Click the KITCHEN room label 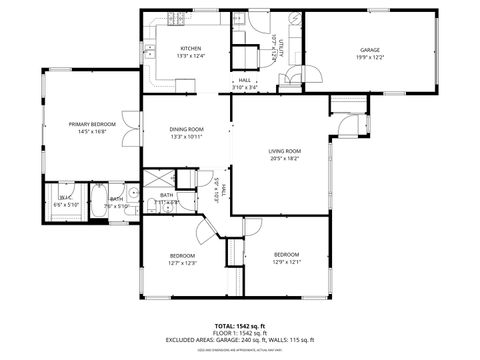tap(190, 49)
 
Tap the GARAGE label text tap(370, 49)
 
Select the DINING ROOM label tap(187, 129)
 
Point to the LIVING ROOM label tap(284, 151)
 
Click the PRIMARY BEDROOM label tap(92, 124)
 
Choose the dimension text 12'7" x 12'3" tap(182, 263)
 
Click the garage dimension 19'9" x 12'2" tap(370, 56)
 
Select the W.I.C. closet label tap(64, 198)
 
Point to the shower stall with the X tap(159, 179)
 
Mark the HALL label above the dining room tap(244, 80)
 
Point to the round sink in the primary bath tap(133, 193)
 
